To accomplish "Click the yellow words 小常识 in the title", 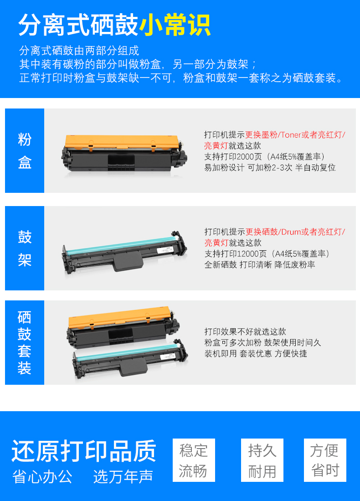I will [175, 25].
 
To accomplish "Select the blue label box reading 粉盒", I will [25, 150].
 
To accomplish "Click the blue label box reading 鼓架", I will [25, 248].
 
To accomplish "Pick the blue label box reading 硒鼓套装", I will [25, 342].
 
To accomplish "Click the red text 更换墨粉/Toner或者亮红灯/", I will [295, 134].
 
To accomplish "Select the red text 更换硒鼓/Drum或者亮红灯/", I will [295, 232].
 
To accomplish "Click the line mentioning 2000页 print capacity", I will [264, 156].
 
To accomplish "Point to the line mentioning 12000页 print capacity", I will [267, 253].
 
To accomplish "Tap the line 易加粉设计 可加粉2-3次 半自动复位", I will [270, 167].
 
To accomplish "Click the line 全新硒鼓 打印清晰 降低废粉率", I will [259, 264].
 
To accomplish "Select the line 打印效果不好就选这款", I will [245, 331].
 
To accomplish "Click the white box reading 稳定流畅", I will [194, 460].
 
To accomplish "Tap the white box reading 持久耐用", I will [262, 460].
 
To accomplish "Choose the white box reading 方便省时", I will [325, 460].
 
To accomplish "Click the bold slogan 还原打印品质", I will [84, 451].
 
